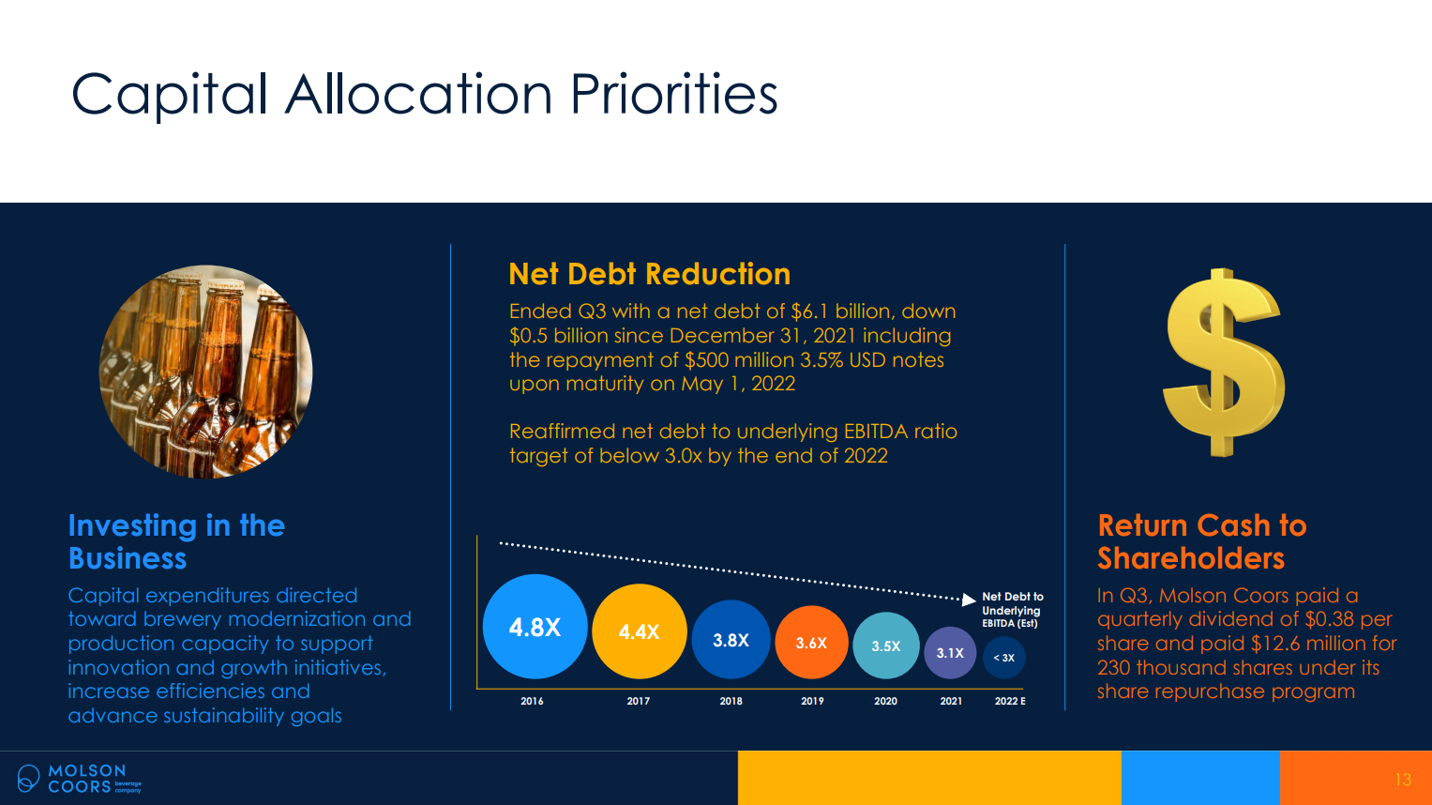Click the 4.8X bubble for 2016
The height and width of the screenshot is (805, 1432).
(535, 627)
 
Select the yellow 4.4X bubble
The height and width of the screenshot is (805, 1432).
(640, 631)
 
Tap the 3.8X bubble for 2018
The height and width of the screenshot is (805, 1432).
(731, 640)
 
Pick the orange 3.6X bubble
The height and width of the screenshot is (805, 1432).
(811, 643)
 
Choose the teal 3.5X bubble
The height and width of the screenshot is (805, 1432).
(885, 646)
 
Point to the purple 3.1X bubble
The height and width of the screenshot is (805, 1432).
(950, 653)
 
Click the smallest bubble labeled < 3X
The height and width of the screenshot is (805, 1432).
(1004, 658)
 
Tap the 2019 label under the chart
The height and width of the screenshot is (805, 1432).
(812, 701)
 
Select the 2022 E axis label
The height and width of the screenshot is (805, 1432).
(1010, 701)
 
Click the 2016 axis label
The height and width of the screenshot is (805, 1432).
(532, 701)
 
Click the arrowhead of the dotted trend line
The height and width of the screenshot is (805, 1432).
(970, 599)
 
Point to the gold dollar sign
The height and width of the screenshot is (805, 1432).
(1222, 362)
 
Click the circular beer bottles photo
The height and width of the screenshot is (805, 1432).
(205, 372)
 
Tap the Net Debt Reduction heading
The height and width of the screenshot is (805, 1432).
(649, 274)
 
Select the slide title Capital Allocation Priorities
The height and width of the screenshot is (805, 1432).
(424, 94)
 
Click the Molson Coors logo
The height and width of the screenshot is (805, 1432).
(79, 778)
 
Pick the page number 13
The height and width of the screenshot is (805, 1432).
(1403, 780)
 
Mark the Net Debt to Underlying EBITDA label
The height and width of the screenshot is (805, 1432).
(1012, 610)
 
